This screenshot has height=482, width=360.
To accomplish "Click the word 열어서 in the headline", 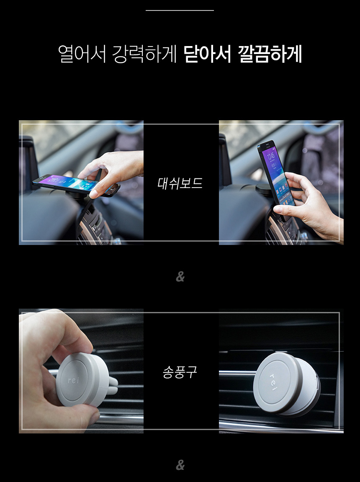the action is coord(82,54).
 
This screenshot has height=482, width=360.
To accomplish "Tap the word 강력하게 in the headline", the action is coord(144,54).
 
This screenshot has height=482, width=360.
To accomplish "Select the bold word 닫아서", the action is coord(207,54).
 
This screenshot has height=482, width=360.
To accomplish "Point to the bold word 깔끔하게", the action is coord(270,54).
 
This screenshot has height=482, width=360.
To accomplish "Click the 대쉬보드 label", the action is coord(180,183).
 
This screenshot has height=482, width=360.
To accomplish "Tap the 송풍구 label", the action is coord(180,371).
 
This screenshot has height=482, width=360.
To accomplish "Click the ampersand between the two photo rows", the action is coord(180,277).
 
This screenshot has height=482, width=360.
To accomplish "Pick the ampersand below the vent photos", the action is coord(180,465).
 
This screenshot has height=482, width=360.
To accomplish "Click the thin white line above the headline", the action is coord(180,10).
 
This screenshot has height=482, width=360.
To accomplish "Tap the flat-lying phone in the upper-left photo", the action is coord(75,186).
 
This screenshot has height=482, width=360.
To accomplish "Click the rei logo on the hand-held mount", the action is coord(73,380).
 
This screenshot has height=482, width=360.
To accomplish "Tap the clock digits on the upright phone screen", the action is coord(271,157).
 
